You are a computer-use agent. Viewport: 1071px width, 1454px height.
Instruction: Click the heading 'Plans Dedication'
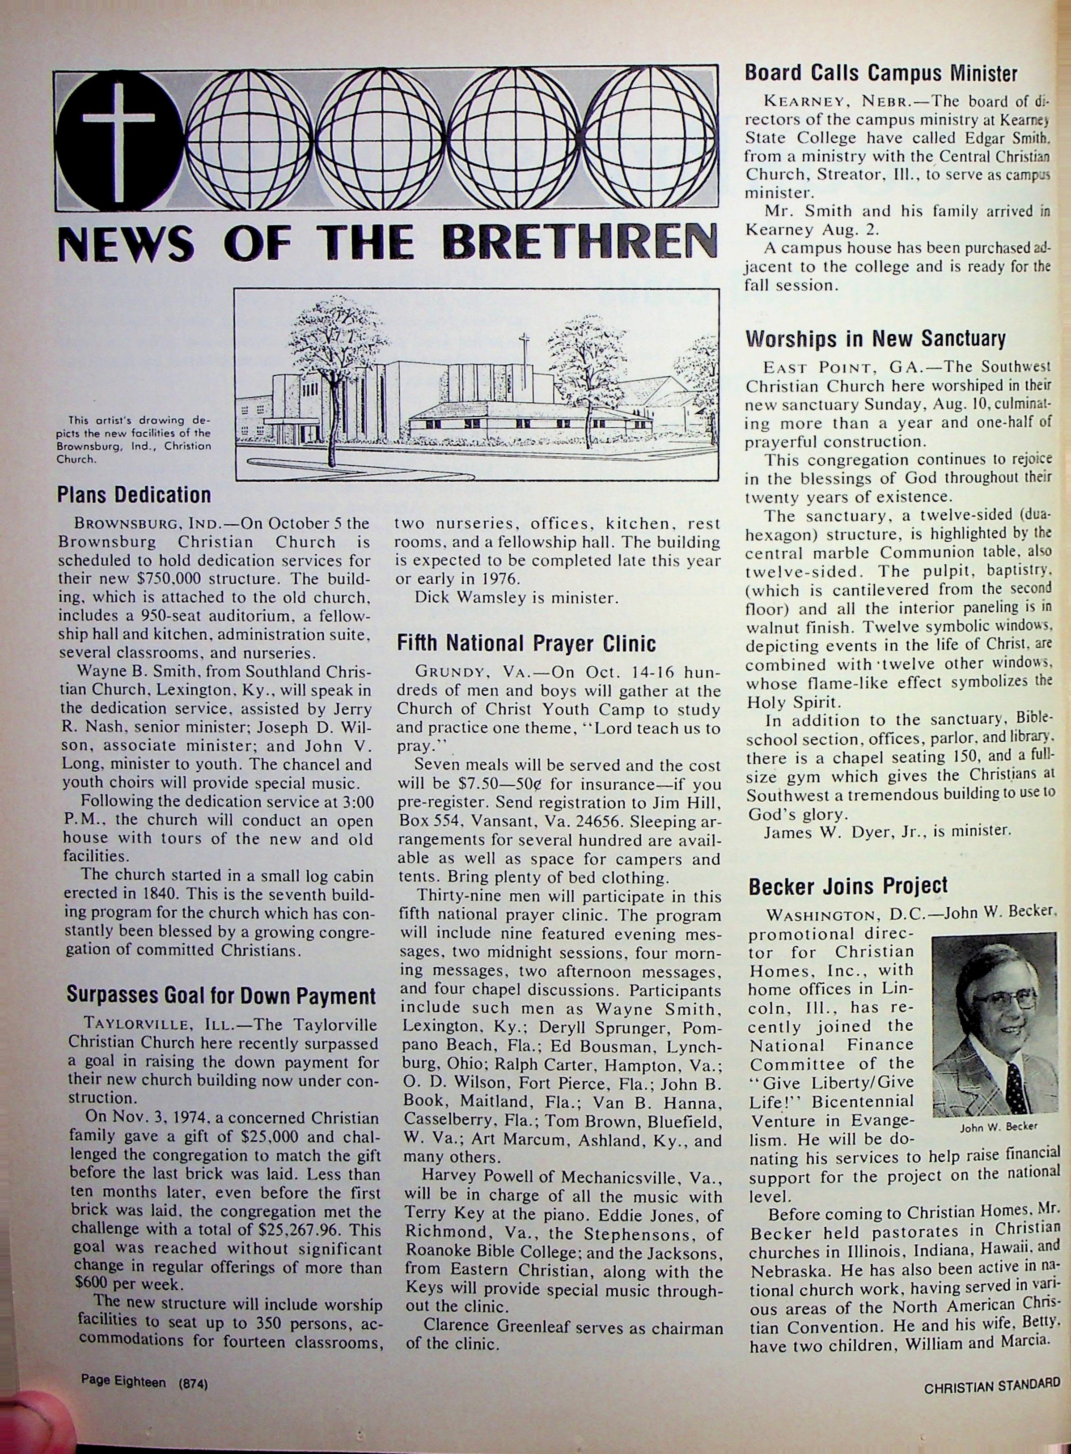[134, 495]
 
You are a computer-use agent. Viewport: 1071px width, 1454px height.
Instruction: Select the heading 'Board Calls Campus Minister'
[881, 72]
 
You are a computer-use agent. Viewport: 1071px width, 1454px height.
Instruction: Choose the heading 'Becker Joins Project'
[848, 886]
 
